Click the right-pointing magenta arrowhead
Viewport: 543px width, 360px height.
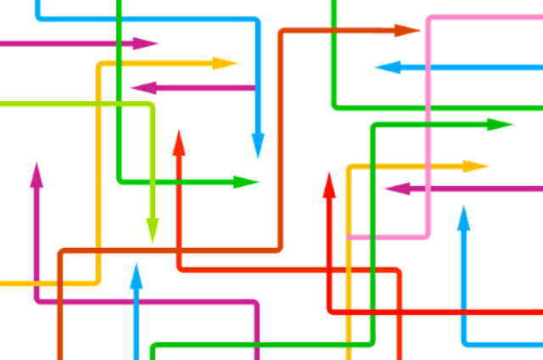[x=146, y=43]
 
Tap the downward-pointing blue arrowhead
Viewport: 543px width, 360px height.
[x=258, y=145]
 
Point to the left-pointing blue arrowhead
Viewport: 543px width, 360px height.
[x=388, y=67]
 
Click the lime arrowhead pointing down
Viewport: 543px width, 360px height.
[x=153, y=228]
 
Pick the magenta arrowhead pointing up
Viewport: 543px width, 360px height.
[x=36, y=175]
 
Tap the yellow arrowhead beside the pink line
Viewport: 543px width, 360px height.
[x=474, y=166]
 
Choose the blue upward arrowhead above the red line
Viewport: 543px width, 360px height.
[x=463, y=219]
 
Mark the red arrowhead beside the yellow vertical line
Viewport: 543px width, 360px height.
[x=329, y=186]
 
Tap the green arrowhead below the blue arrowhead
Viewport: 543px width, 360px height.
[x=245, y=182]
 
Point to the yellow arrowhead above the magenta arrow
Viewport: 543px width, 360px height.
[x=225, y=63]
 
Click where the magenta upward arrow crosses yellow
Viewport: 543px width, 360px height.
[x=36, y=282]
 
